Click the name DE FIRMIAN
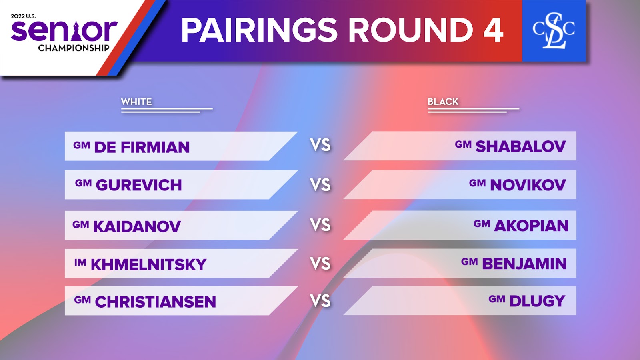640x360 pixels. click(x=142, y=147)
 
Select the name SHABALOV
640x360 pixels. click(x=520, y=146)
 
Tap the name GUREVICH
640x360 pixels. click(x=139, y=185)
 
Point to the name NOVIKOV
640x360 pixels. click(x=528, y=185)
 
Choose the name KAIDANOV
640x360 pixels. click(x=137, y=226)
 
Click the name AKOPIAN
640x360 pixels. click(x=532, y=226)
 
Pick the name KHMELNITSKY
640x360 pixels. click(x=148, y=264)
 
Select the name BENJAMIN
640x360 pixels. click(x=524, y=264)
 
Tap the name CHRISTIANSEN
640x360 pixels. click(x=156, y=302)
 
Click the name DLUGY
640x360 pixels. click(x=538, y=301)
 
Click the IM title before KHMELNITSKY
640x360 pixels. click(x=80, y=262)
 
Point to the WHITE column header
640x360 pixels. click(x=136, y=102)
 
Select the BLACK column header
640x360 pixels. click(x=443, y=102)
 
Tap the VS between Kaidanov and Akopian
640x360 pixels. click(x=320, y=225)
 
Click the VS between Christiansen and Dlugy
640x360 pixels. click(x=320, y=301)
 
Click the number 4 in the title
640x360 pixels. click(x=494, y=30)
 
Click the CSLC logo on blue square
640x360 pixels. click(x=554, y=30)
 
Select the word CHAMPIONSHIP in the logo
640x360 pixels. click(x=74, y=48)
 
